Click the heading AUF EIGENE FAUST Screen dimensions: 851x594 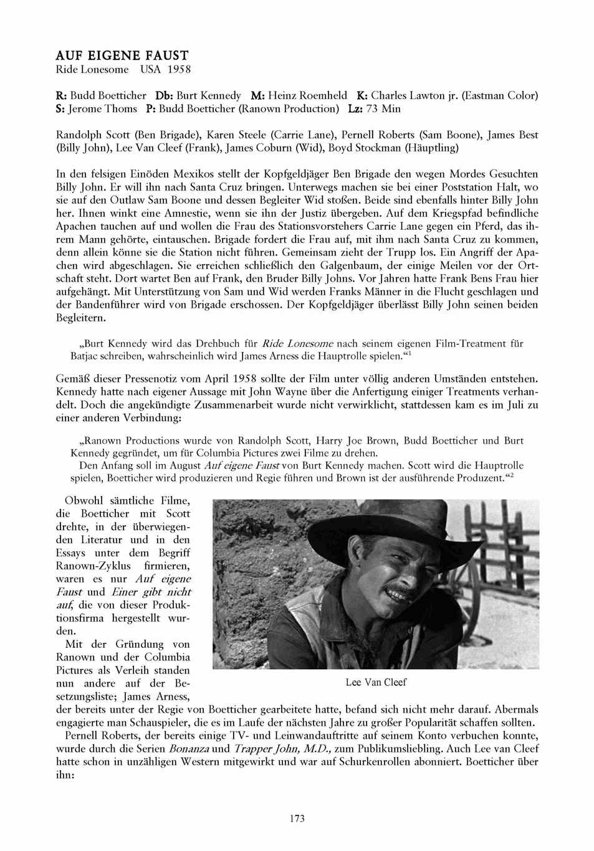tap(122, 56)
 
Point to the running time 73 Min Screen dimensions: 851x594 tap(382, 109)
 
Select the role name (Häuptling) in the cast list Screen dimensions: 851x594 tap(431, 148)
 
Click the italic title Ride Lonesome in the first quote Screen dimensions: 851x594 tap(297, 343)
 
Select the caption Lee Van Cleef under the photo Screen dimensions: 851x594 tap(376, 682)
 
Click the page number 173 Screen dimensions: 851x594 tap(297, 819)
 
